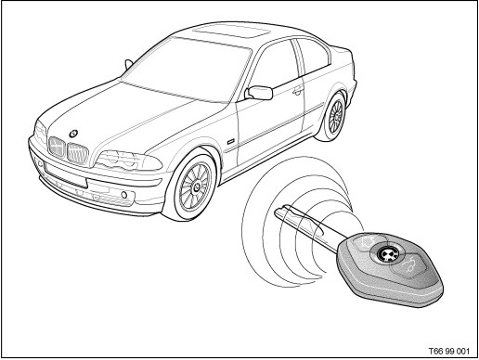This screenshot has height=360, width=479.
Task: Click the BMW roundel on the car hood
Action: tap(73, 134)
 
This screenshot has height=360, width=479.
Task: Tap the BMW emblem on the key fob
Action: tap(385, 254)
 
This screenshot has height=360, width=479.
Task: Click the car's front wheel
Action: tap(193, 186)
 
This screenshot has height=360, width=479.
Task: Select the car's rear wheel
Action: tap(332, 117)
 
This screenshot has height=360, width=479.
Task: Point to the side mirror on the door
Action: tap(259, 93)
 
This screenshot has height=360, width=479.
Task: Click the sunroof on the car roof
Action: tap(230, 32)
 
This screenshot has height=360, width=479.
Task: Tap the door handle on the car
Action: tap(298, 90)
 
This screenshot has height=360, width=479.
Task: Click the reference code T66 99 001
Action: tap(448, 351)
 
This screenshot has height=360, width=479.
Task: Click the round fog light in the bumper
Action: tap(124, 195)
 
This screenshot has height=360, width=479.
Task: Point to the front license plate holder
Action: tap(66, 176)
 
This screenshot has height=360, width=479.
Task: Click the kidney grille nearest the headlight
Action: tap(78, 153)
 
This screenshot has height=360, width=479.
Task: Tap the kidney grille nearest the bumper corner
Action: tap(57, 147)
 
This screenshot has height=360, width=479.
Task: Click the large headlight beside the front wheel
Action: tap(128, 161)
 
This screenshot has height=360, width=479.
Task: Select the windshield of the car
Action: tap(186, 70)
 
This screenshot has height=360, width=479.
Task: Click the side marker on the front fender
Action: tap(230, 142)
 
